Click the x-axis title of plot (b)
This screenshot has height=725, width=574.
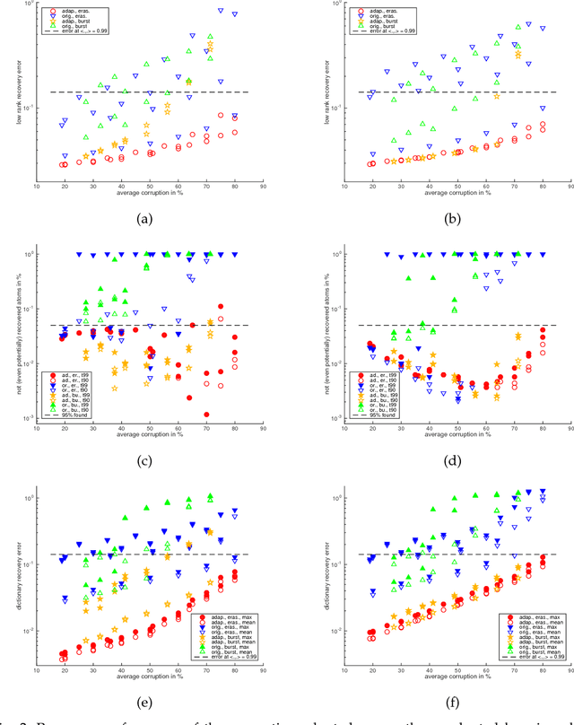pos(445,194)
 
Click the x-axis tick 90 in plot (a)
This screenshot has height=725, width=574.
pos(263,187)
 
